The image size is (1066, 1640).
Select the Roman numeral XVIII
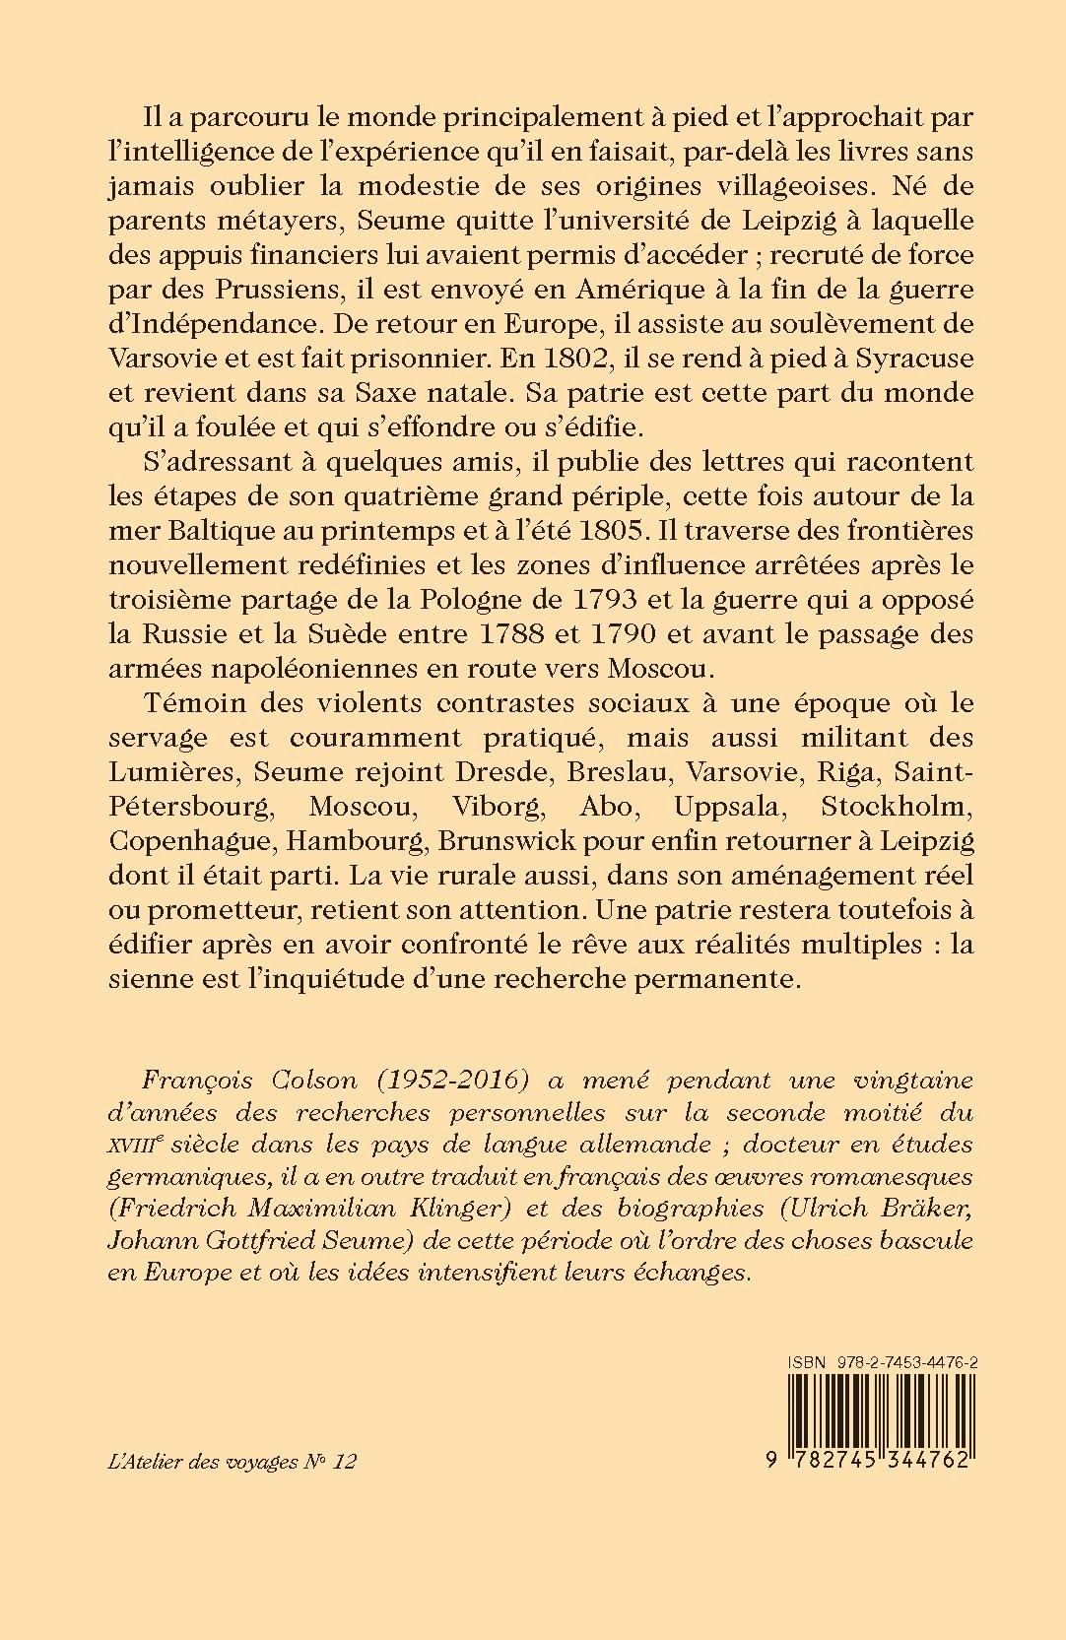tap(131, 1144)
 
